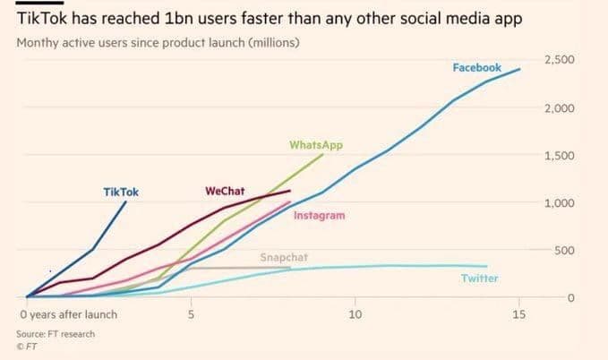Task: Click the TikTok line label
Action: click(x=121, y=191)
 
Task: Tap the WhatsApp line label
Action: click(x=315, y=144)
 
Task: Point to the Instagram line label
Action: click(x=319, y=216)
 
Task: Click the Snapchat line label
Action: click(x=284, y=258)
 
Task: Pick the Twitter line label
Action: click(x=479, y=279)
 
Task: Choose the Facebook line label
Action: click(x=476, y=68)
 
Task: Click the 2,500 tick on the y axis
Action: click(x=559, y=60)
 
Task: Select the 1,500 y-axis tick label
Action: click(x=559, y=156)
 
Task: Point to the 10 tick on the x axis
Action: click(x=355, y=314)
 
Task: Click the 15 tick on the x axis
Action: click(x=518, y=314)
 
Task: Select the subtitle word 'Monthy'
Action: click(x=38, y=42)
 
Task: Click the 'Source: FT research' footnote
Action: click(x=56, y=334)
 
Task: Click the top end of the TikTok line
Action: click(x=125, y=202)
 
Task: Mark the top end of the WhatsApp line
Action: click(x=323, y=154)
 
